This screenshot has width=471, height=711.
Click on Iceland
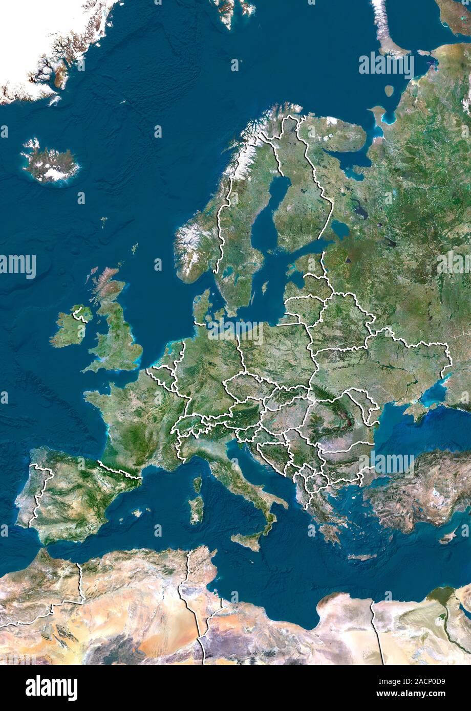pyautogui.click(x=50, y=163)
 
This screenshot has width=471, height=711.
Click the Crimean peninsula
pyautogui.click(x=415, y=409)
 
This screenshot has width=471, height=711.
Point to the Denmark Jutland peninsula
pyautogui.click(x=202, y=307)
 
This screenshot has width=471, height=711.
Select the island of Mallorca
pyautogui.click(x=136, y=512)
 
